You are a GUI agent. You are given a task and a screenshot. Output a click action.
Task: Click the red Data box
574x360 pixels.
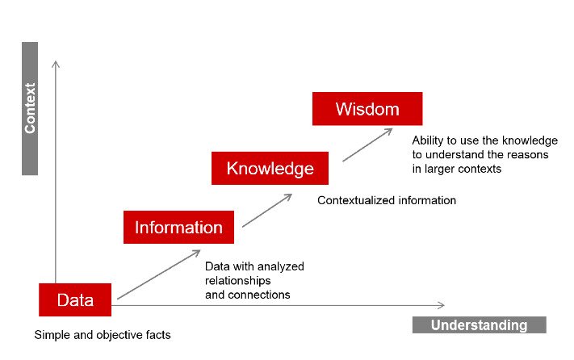[75, 299]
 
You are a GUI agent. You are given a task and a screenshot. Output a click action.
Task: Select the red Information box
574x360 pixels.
[178, 227]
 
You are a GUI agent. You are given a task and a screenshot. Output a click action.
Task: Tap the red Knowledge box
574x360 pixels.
[270, 168]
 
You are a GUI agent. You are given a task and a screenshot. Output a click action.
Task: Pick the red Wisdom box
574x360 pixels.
[367, 109]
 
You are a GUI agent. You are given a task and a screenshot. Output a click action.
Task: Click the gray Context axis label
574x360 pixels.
[30, 109]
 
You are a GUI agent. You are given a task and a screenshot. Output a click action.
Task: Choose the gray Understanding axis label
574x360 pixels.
[480, 324]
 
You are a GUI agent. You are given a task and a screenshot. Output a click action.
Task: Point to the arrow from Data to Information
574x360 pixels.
[159, 274]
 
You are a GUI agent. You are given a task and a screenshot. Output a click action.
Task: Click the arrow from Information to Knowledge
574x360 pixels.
[267, 211]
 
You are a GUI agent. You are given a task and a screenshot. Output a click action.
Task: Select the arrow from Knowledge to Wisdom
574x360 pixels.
[367, 144]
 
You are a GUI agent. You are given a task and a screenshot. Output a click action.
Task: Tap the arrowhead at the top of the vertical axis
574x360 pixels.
[56, 65]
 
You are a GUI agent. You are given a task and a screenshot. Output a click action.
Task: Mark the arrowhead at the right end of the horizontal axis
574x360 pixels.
[441, 305]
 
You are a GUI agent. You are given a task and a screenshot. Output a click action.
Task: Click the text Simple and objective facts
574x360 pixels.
[103, 335]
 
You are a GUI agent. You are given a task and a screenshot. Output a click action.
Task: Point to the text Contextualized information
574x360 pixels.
[387, 200]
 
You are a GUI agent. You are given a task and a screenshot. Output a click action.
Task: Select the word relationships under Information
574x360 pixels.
[238, 281]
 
